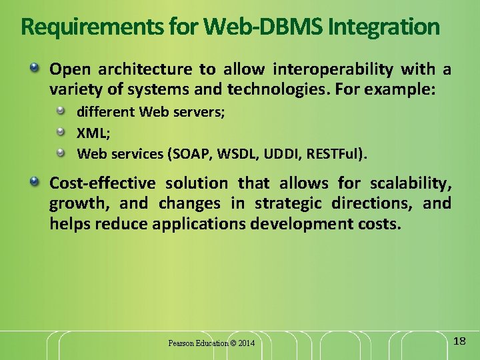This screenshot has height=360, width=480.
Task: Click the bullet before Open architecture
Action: (x=35, y=69)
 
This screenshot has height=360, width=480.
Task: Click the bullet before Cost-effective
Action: (x=35, y=182)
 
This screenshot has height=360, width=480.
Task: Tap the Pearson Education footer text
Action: (x=197, y=343)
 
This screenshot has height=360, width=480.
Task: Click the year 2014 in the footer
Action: (x=245, y=343)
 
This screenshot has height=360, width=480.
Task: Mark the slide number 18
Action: (x=459, y=341)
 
